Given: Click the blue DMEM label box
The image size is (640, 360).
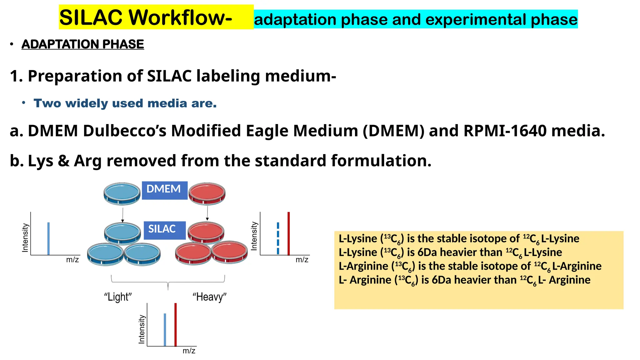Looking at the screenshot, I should [x=164, y=190].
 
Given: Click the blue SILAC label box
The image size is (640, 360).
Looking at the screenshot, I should [x=164, y=230].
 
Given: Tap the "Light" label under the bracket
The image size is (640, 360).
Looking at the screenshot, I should [x=118, y=297].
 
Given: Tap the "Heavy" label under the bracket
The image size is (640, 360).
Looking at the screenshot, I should [x=209, y=297].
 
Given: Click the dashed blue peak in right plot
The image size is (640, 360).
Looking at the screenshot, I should [x=278, y=238].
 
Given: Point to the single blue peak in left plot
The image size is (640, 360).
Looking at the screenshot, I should [x=48, y=238].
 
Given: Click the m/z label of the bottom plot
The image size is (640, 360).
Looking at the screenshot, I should [x=189, y=351].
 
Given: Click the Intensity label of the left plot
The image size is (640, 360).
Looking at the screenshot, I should [x=25, y=237].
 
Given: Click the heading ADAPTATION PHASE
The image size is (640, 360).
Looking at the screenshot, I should [x=83, y=44].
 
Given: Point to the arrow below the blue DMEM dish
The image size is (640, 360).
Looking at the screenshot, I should [x=122, y=215].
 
